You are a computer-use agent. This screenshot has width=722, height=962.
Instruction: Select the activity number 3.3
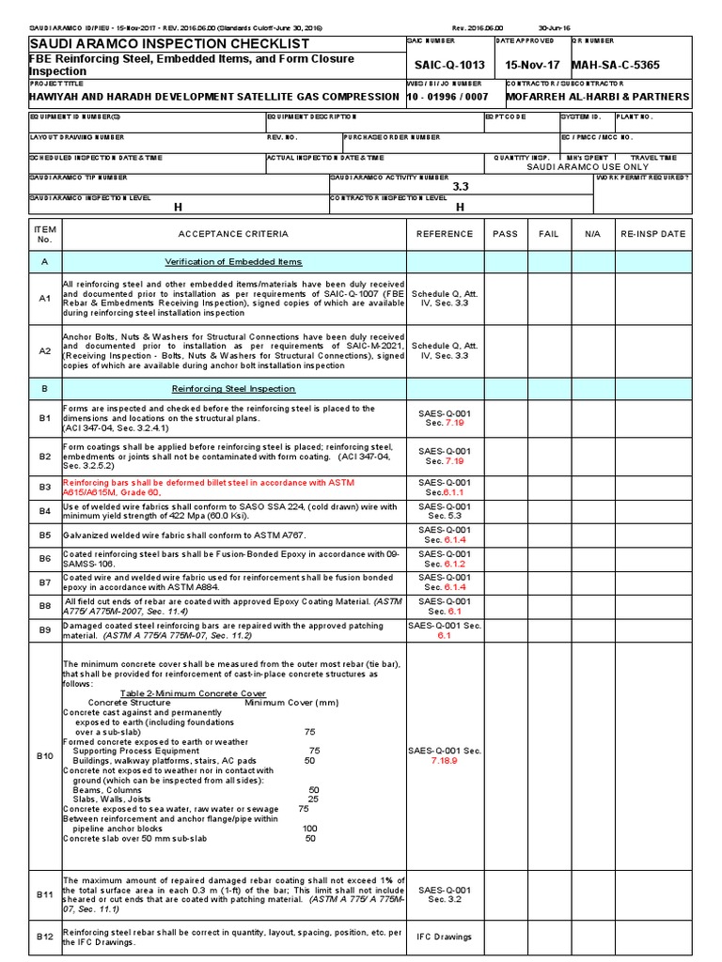(x=460, y=187)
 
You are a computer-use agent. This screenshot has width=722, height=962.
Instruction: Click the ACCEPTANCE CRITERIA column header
(x=234, y=234)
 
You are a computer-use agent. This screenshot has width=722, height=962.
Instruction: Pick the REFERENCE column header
(x=445, y=234)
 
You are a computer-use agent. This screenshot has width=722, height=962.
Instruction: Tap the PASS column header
(x=505, y=234)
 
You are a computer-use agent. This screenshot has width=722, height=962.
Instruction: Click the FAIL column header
(x=548, y=234)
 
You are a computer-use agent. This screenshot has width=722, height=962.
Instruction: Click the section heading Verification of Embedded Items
(x=234, y=262)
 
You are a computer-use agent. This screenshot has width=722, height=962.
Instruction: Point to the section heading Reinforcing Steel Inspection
(x=234, y=388)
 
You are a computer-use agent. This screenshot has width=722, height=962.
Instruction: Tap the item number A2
(x=45, y=351)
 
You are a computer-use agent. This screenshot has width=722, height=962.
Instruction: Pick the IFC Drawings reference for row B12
(x=445, y=937)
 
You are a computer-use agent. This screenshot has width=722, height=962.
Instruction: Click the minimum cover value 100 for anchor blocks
(x=309, y=829)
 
